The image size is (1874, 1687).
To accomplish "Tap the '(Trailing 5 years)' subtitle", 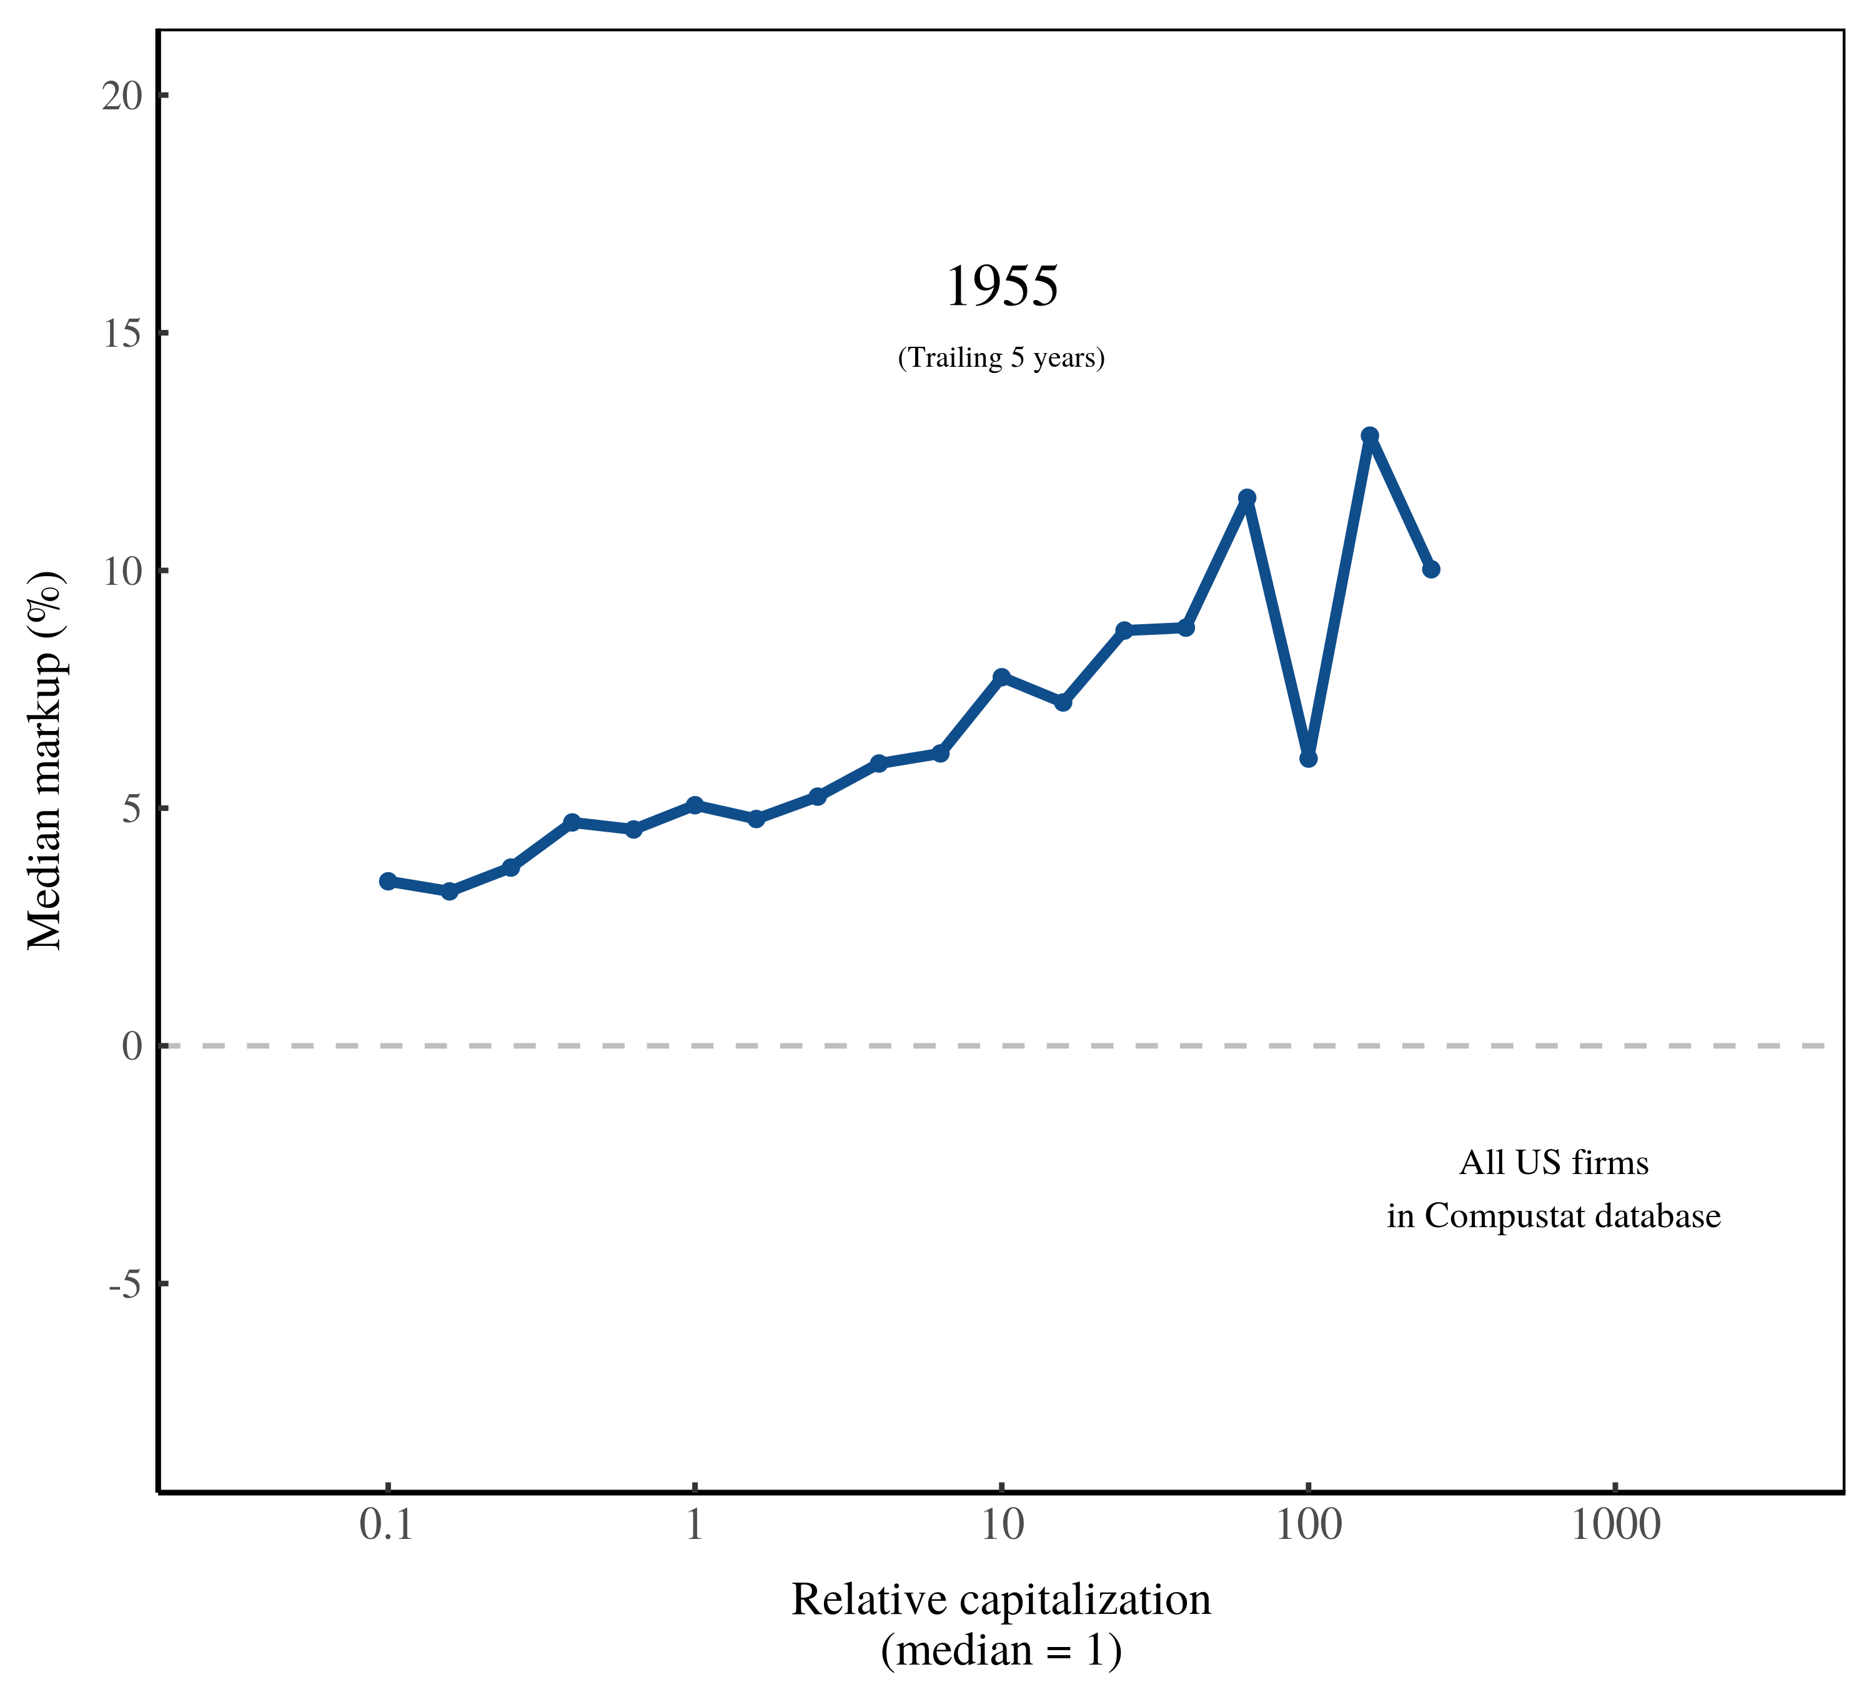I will coord(1001,358).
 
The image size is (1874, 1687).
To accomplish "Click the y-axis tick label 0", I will coord(132,1047).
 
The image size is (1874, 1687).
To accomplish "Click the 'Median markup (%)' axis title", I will coord(44,760).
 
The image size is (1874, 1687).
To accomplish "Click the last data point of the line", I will coord(1431,569).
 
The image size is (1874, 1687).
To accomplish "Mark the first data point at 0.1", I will coord(387,880).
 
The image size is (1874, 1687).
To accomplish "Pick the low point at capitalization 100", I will coord(1307,759).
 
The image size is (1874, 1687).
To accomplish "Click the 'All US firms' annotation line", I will coord(1554,1162).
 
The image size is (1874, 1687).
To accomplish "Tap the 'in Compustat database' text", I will coord(1554,1216).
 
